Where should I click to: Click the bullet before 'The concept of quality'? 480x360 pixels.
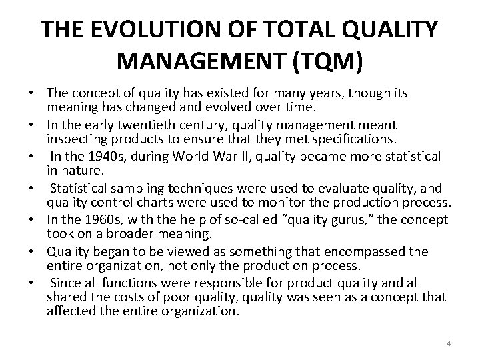coord(31,93)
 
